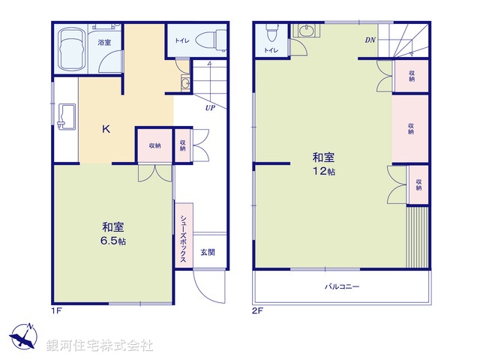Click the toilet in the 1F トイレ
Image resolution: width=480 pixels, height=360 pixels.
tap(214, 37)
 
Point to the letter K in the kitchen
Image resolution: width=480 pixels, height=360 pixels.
tap(106, 129)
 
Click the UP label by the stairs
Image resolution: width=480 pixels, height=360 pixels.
tap(211, 107)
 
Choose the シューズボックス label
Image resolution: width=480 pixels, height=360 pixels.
tap(183, 238)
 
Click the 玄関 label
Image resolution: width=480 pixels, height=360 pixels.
tap(207, 252)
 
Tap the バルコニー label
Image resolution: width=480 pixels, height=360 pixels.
tap(342, 286)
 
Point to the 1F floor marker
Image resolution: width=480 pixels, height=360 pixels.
tap(55, 310)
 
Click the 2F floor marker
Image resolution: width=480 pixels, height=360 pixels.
tap(257, 310)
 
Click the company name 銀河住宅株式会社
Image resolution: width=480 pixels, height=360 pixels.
tap(100, 346)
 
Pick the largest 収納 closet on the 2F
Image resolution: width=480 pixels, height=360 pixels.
tap(410, 128)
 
